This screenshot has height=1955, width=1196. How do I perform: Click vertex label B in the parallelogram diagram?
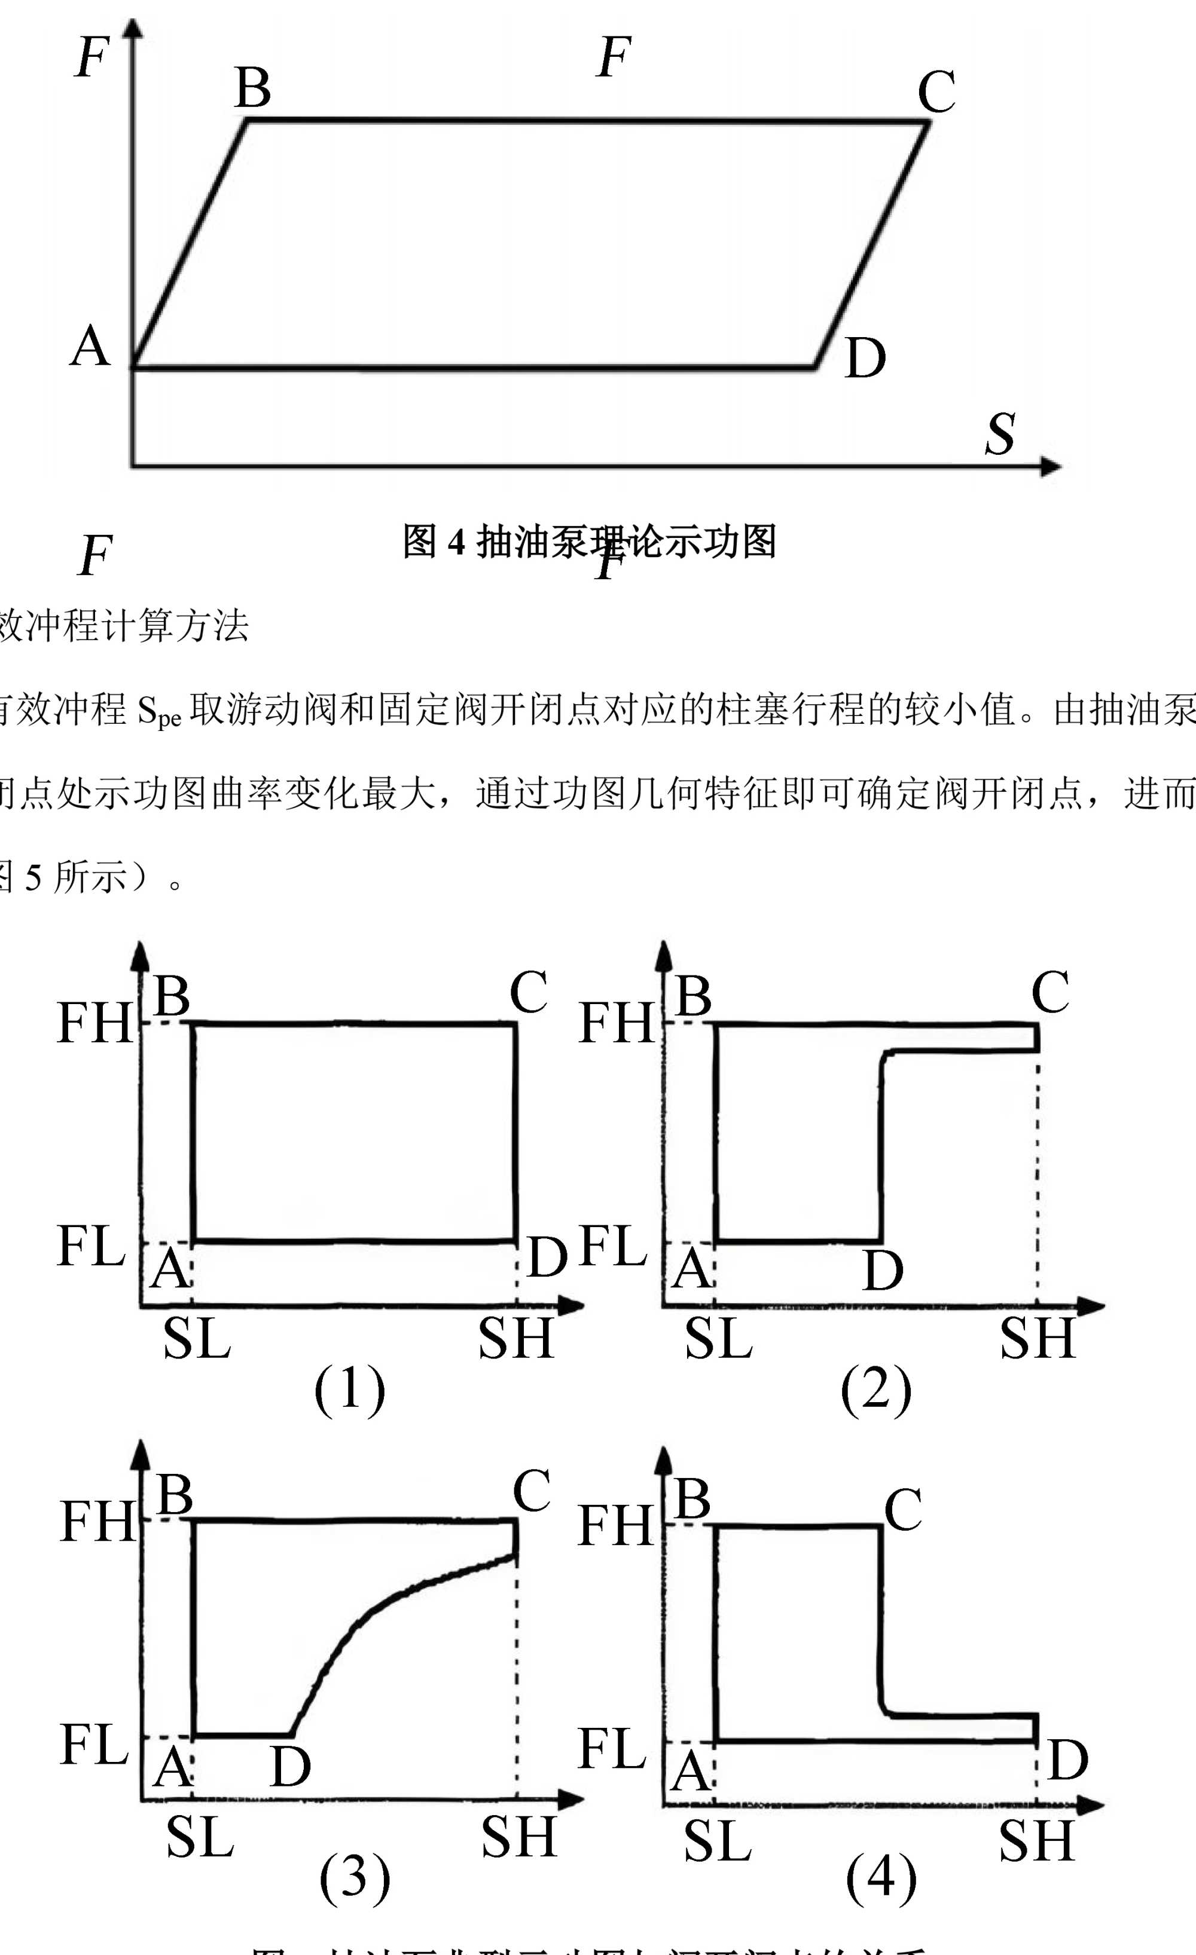click(253, 87)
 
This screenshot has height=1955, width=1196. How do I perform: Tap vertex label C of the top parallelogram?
click(936, 92)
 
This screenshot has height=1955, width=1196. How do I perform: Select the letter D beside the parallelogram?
click(865, 359)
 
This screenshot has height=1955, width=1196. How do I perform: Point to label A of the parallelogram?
click(90, 347)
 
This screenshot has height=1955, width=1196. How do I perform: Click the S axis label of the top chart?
click(1000, 434)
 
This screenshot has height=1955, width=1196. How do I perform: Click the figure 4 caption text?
click(589, 542)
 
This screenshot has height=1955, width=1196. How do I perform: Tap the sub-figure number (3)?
click(355, 1877)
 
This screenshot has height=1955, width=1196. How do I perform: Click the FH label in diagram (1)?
click(94, 1023)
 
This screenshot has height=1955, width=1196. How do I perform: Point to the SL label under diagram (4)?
click(718, 1841)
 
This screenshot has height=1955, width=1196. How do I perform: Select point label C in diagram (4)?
click(903, 1509)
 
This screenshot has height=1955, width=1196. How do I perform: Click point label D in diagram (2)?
click(883, 1271)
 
